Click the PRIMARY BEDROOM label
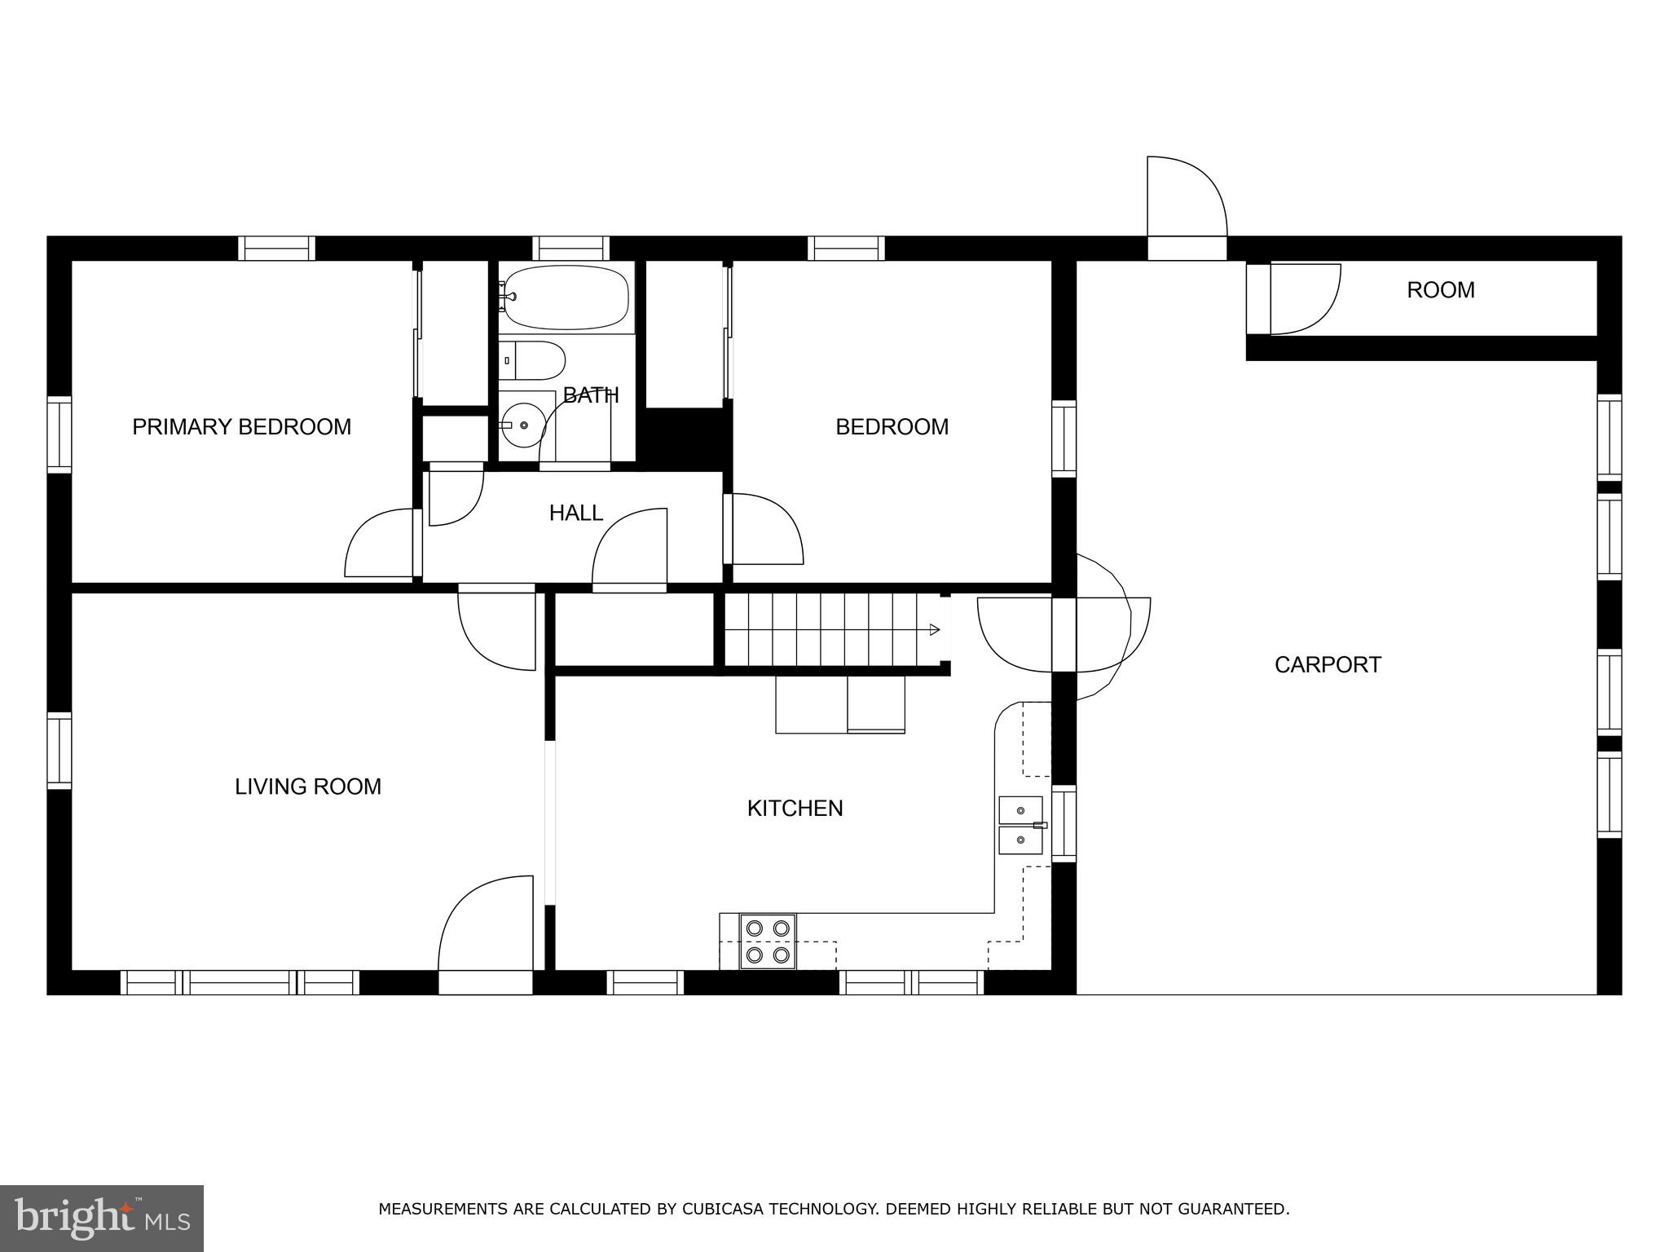tap(241, 426)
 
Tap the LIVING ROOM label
tap(308, 787)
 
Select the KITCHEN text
tap(795, 808)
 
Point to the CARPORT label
tap(1328, 664)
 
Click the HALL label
tap(575, 513)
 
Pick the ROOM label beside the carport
tap(1440, 290)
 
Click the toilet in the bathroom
tap(533, 360)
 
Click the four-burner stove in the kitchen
tap(768, 941)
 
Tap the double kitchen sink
tap(1020, 825)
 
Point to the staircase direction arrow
tap(934, 629)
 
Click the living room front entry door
tap(486, 929)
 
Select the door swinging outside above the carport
tap(1186, 200)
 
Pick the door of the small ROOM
tap(1304, 299)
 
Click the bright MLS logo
tap(101, 1217)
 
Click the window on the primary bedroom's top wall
tap(276, 248)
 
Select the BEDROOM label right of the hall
tap(892, 426)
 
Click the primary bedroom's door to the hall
tap(379, 544)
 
